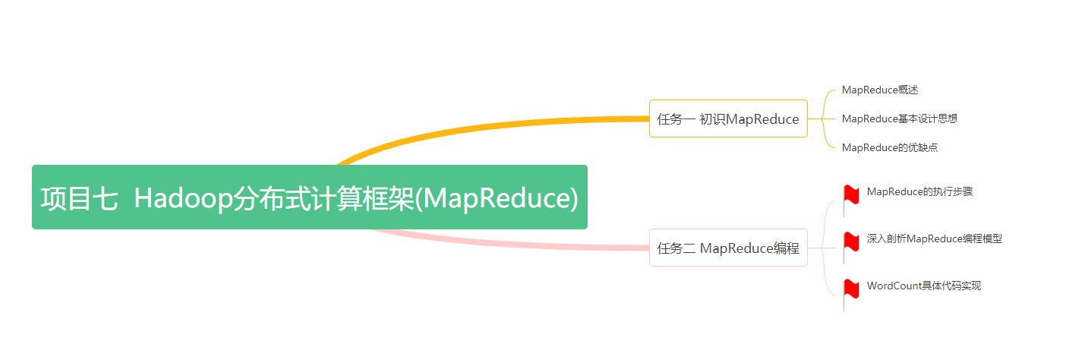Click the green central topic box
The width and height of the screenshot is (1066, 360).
pyautogui.click(x=310, y=197)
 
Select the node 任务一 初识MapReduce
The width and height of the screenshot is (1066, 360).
pyautogui.click(x=728, y=118)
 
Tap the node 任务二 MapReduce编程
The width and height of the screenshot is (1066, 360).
pyautogui.click(x=728, y=248)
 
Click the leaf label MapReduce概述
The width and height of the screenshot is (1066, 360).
pyautogui.click(x=880, y=90)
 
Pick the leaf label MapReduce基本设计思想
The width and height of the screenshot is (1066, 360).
pyautogui.click(x=900, y=118)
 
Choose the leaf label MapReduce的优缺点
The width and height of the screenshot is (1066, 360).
pyautogui.click(x=890, y=147)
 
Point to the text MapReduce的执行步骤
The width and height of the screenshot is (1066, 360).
pyautogui.click(x=920, y=191)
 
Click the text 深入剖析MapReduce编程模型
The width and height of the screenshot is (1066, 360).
pyautogui.click(x=935, y=238)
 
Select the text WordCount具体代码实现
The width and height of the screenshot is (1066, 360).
pyautogui.click(x=924, y=286)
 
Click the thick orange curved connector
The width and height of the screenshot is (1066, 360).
pyautogui.click(x=481, y=128)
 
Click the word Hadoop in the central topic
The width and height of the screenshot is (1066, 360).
pyautogui.click(x=184, y=198)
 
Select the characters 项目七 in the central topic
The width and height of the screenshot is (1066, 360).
pyautogui.click(x=79, y=198)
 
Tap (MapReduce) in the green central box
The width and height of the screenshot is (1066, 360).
pyautogui.click(x=497, y=198)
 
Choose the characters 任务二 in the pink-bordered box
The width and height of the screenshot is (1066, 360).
pyautogui.click(x=676, y=248)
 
